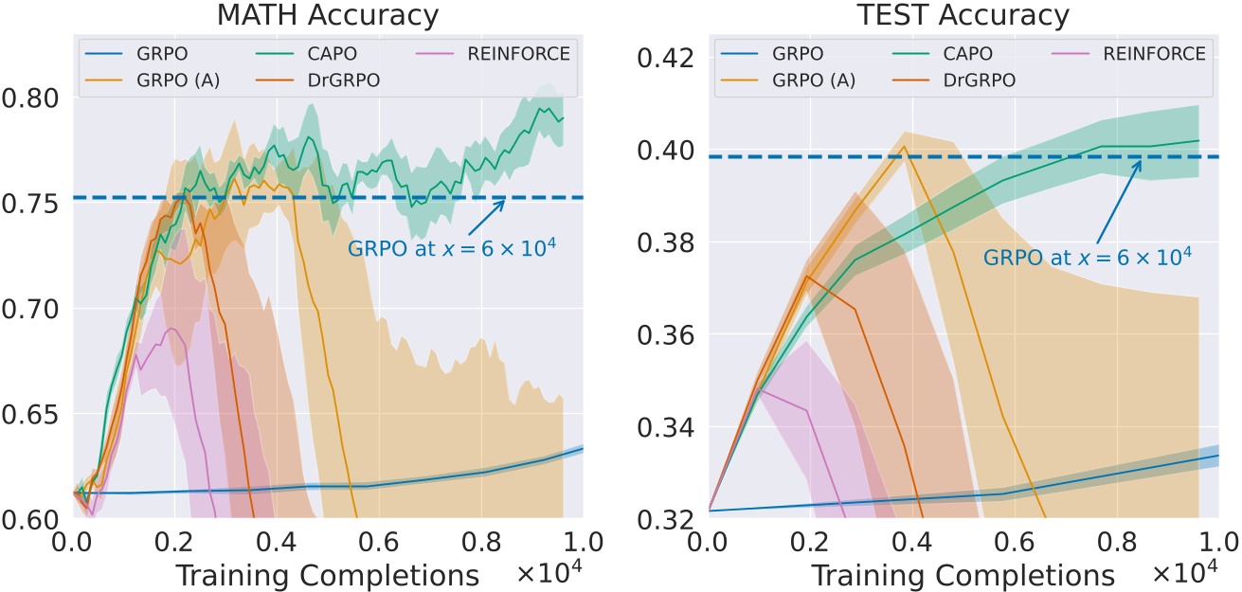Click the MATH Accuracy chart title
point(327,15)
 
